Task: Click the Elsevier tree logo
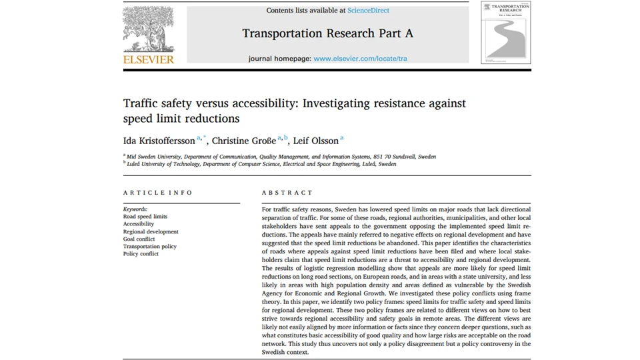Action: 148,30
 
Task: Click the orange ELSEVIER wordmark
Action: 149,59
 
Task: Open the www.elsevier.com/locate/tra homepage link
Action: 360,59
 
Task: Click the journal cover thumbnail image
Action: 505,32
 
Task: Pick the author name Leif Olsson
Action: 316,141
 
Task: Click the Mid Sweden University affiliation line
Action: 281,157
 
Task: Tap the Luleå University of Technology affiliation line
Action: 261,164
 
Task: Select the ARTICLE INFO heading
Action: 158,193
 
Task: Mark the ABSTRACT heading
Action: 287,193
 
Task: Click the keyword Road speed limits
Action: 145,217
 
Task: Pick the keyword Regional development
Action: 151,232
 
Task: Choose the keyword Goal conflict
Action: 139,239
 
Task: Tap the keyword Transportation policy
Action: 150,247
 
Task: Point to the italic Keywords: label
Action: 135,209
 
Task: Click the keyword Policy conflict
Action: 141,254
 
